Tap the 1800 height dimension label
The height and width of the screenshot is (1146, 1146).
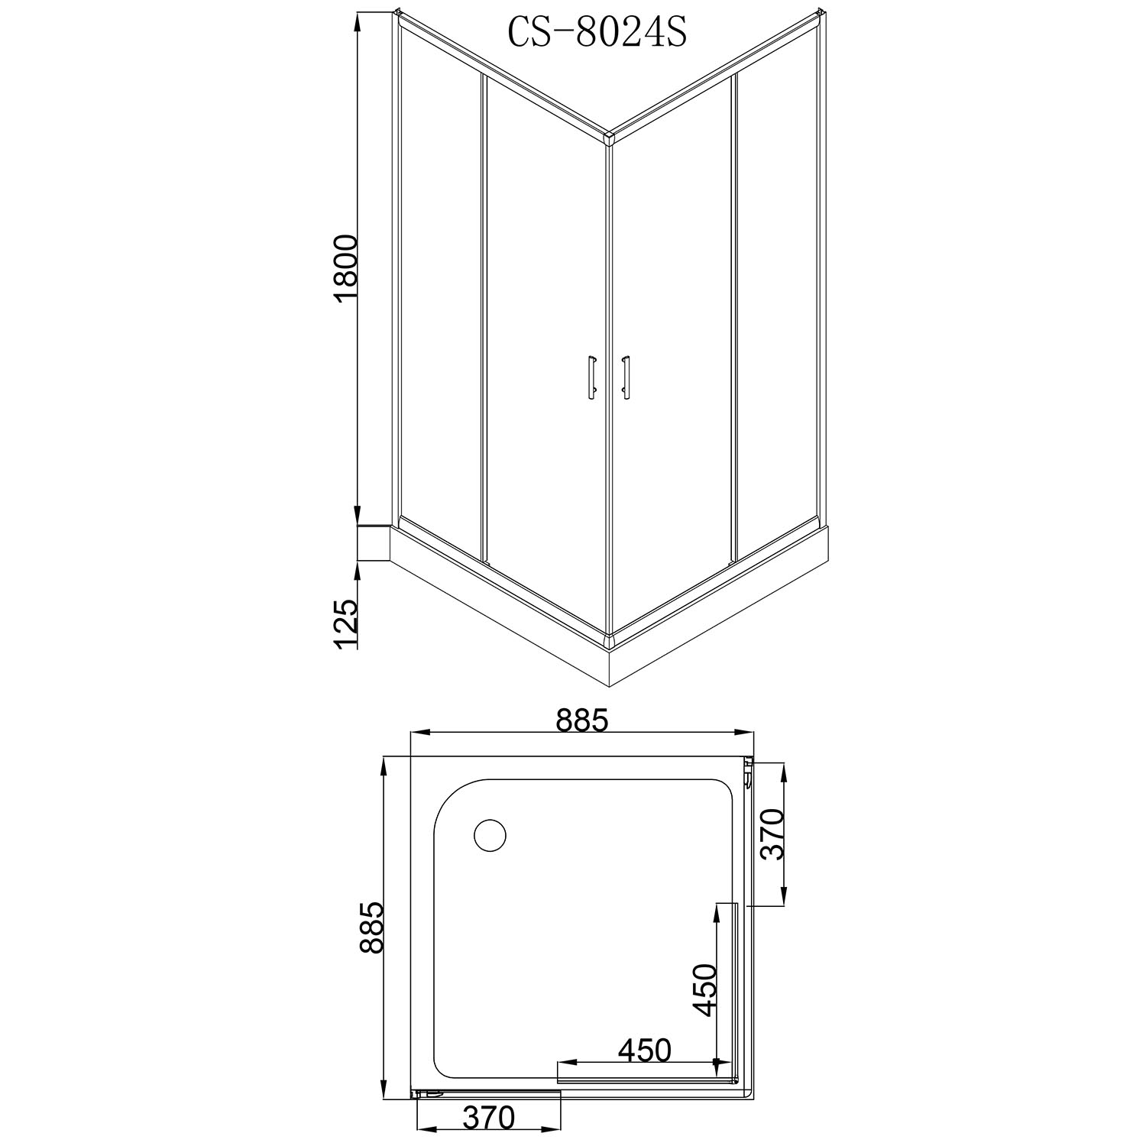coord(347,270)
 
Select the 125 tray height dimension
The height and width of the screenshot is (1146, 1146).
coord(346,623)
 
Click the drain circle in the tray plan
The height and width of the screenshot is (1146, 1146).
coord(490,835)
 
